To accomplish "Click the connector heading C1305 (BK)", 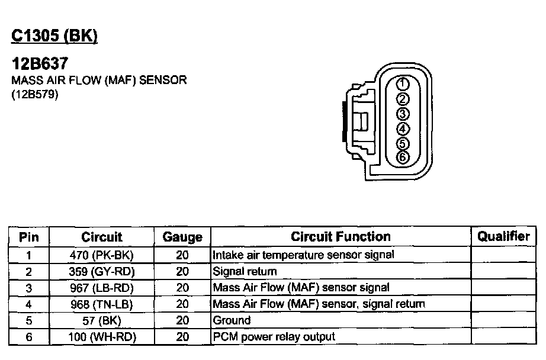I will (x=54, y=36).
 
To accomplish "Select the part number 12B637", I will (x=40, y=63).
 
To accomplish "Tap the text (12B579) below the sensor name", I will (x=35, y=94).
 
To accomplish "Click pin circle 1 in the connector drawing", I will (x=402, y=83).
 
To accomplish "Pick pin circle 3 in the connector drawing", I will (x=402, y=113).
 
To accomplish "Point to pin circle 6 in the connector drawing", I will (x=402, y=157).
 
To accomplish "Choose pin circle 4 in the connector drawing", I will (x=402, y=128).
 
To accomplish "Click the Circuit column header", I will (x=101, y=237).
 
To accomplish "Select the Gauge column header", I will (x=182, y=237).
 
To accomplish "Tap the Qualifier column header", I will (x=503, y=236).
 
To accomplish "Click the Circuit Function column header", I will (x=341, y=237).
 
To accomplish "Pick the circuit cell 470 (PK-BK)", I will (x=101, y=255).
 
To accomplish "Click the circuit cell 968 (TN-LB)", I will (x=101, y=304).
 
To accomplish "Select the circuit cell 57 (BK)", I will (x=101, y=320).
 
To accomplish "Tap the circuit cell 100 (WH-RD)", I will (x=101, y=337).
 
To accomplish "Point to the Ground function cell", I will (x=232, y=320).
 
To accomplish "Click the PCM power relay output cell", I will (x=274, y=337).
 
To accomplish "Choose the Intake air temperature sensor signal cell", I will (x=303, y=255).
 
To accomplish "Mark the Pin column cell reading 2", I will (x=28, y=272).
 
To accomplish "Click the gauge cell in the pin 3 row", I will (x=182, y=288).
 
